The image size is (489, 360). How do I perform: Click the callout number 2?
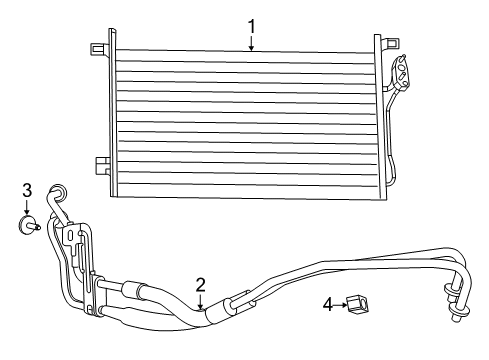click(x=200, y=283)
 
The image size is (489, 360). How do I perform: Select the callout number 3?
click(x=27, y=189)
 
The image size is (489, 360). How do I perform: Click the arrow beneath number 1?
click(x=252, y=43)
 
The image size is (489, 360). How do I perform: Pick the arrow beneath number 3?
click(x=27, y=206)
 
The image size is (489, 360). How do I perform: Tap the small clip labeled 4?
click(x=356, y=304)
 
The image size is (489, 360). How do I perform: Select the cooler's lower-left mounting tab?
click(x=100, y=163)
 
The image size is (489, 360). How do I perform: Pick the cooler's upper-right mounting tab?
click(x=388, y=43)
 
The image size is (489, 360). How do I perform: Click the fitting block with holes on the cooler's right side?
click(x=403, y=72)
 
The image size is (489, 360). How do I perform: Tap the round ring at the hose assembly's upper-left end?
click(x=59, y=193)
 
